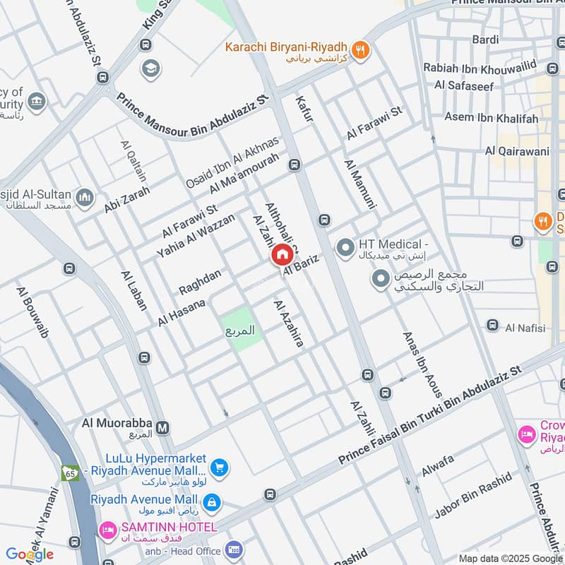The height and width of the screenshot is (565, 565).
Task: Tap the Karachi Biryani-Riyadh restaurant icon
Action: pyautogui.click(x=361, y=49)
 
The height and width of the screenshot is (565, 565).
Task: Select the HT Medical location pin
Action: pyautogui.click(x=345, y=248)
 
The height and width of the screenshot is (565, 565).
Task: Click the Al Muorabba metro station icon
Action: pyautogui.click(x=163, y=427)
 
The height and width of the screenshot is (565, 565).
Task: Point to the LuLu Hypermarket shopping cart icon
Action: pyautogui.click(x=219, y=467)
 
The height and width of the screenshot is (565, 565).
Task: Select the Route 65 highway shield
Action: pyautogui.click(x=70, y=472)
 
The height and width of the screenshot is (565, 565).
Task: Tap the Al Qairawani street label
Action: pyautogui.click(x=517, y=150)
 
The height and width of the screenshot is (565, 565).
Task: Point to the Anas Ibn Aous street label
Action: pyautogui.click(x=422, y=364)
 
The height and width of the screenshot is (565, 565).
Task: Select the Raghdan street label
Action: pyautogui.click(x=200, y=282)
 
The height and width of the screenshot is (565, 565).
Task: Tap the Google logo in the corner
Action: pyautogui.click(x=30, y=554)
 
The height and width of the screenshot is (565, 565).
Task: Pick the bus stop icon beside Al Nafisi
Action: pyautogui.click(x=492, y=325)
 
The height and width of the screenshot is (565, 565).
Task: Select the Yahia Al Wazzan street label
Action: pyautogui.click(x=196, y=236)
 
